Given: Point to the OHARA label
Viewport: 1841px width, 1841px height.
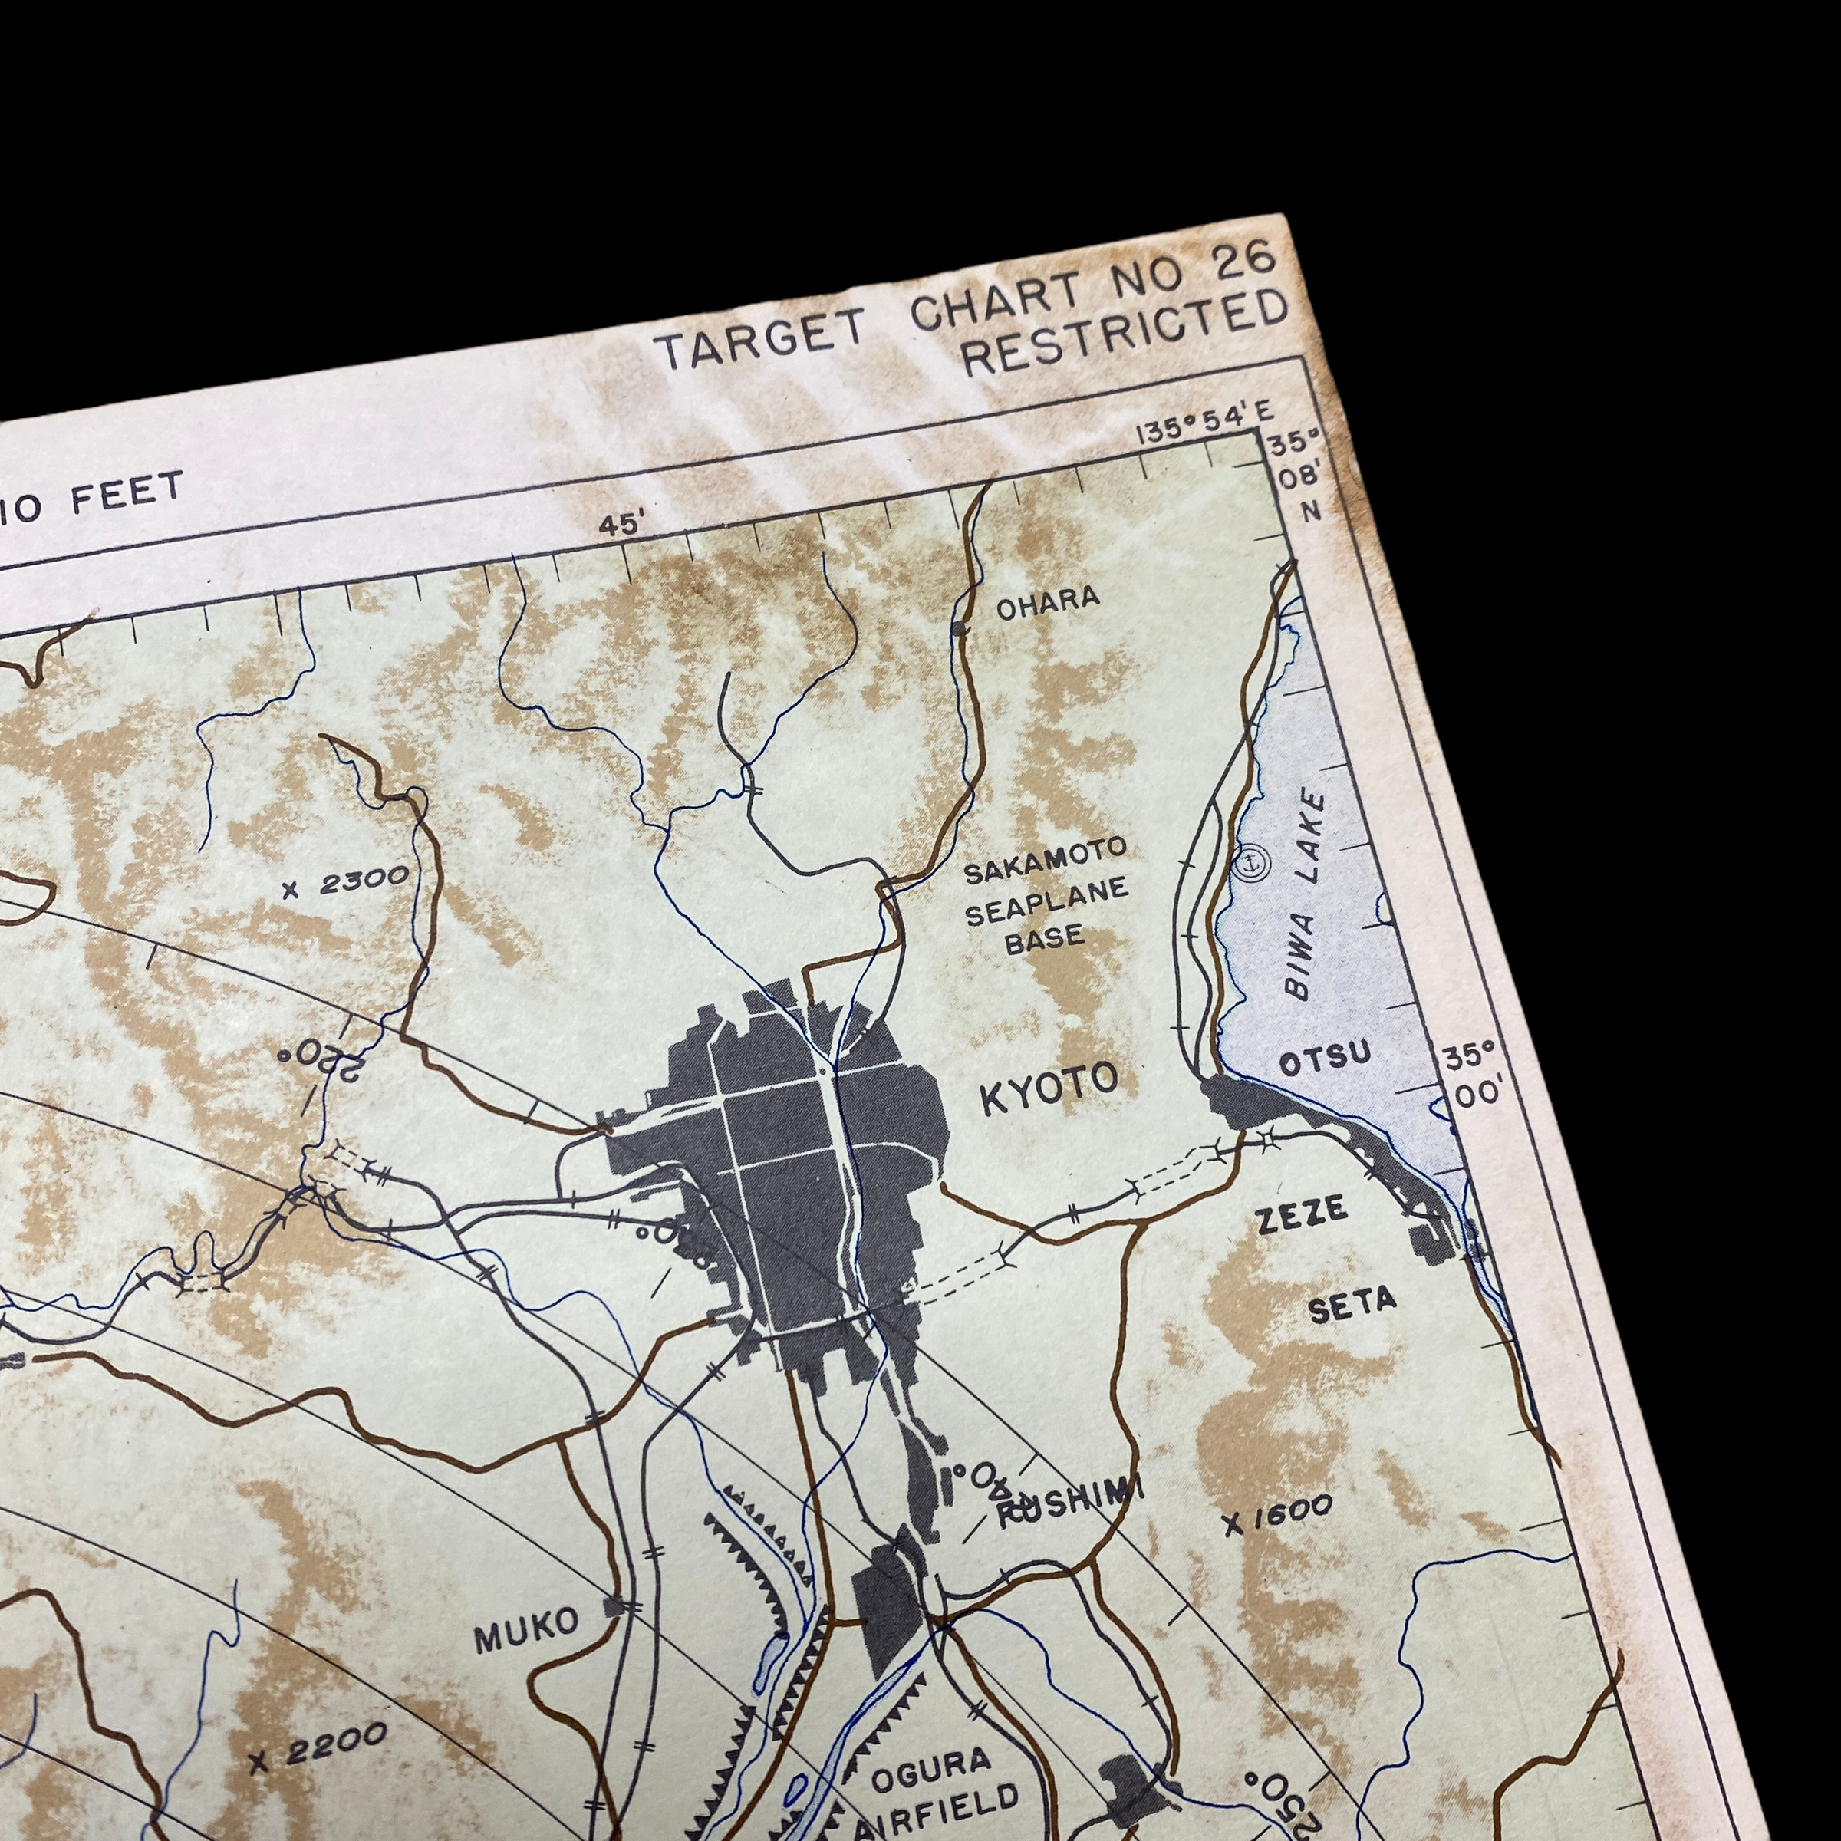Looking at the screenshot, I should (1048, 601).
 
